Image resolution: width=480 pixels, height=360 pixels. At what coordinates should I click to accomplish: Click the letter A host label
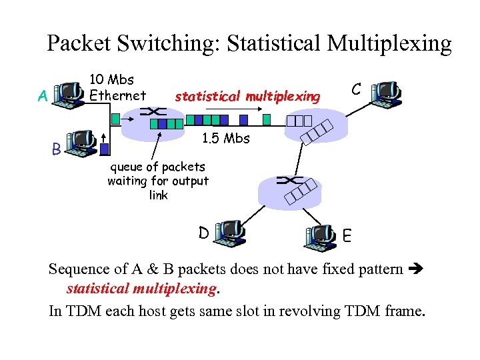pos(43,97)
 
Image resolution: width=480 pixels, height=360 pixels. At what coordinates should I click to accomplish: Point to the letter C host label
pos(357,89)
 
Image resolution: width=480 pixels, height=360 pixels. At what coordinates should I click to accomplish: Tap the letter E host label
pos(347,235)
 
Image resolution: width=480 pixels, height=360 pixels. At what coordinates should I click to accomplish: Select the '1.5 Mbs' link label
pos(225,139)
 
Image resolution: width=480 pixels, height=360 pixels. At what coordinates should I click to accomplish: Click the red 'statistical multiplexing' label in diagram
pos(247,97)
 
